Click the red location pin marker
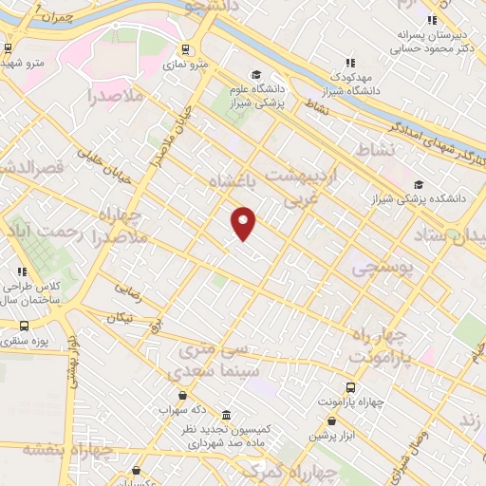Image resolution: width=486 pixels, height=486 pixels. coord(244,223)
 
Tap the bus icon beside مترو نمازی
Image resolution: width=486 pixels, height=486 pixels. coord(184,49)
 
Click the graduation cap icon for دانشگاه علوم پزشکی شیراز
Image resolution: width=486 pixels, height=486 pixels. coord(255,75)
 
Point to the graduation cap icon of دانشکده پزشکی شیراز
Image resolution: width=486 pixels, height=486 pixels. coord(419,185)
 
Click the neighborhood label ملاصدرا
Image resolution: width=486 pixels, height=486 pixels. coord(114,97)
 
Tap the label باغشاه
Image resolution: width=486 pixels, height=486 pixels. coord(233,180)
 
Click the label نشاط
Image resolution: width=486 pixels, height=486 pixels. coord(373,150)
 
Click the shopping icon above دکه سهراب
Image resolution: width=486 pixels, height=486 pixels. coord(183,395)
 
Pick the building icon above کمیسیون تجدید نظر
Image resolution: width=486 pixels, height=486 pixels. coord(226,416)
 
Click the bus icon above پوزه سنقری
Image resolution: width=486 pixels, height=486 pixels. coord(24,326)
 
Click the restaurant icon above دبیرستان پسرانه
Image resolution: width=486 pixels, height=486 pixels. coord(432,19)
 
